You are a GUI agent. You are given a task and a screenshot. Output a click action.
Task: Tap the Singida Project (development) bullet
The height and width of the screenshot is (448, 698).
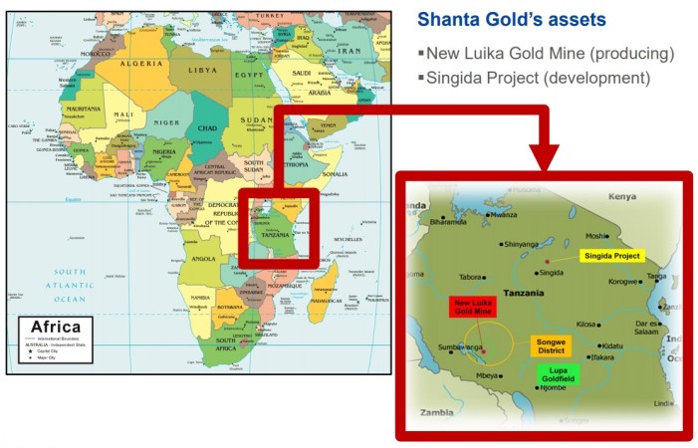pyautogui.click(x=539, y=77)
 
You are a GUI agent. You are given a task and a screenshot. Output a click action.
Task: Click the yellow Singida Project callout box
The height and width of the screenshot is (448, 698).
pyautogui.click(x=612, y=256)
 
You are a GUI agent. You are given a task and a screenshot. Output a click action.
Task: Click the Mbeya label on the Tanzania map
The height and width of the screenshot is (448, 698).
pyautogui.click(x=487, y=375)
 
